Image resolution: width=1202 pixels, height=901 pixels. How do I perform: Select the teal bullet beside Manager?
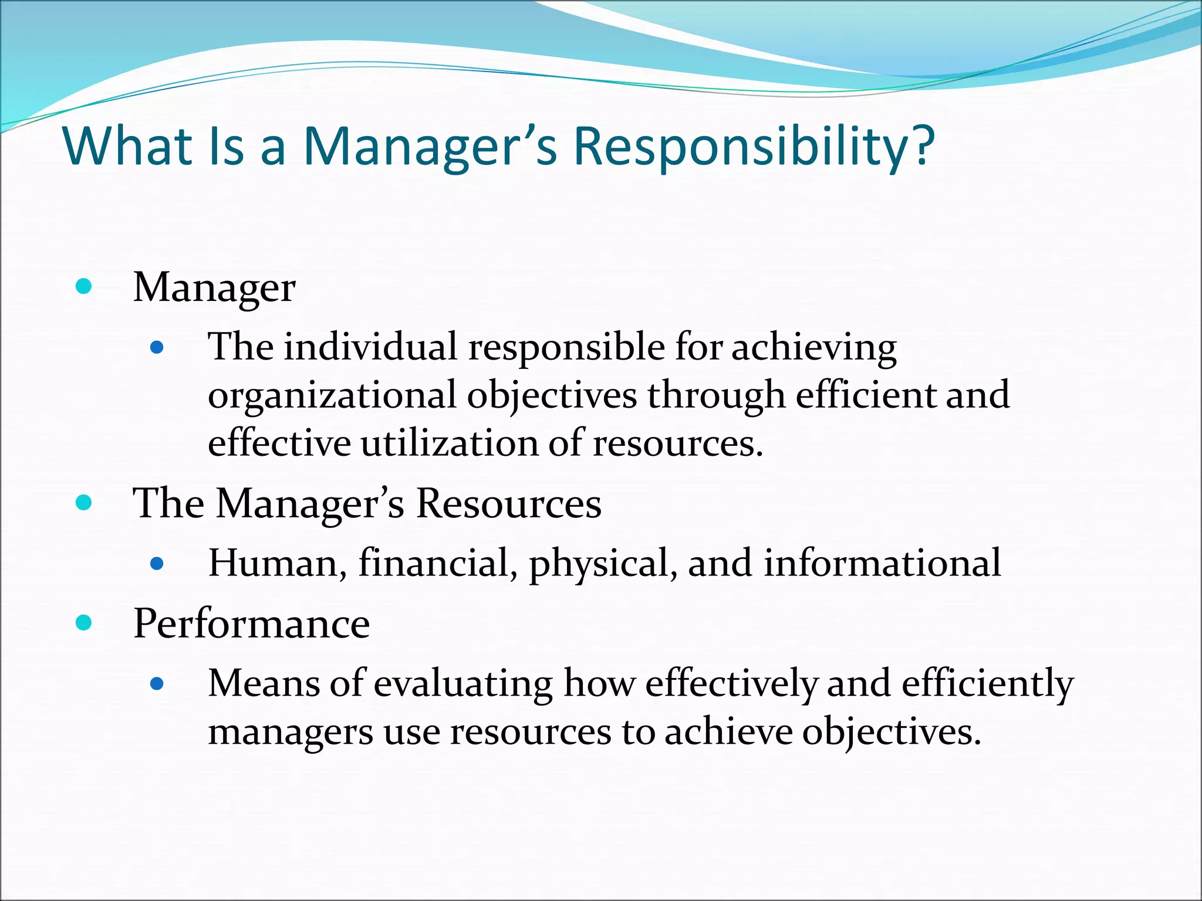[84, 287]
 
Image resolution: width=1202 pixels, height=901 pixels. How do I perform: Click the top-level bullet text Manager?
[214, 288]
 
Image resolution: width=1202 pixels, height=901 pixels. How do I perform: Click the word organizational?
[332, 396]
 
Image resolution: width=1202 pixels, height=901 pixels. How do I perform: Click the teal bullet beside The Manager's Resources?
[84, 503]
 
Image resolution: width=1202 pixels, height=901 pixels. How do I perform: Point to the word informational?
[882, 564]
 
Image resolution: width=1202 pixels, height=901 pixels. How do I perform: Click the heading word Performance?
[251, 624]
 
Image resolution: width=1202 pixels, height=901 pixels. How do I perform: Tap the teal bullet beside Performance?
[84, 622]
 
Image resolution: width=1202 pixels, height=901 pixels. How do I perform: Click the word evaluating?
[463, 685]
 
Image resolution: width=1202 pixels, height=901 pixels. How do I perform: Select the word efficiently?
[987, 685]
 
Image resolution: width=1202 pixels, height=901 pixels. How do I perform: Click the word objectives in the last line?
[891, 733]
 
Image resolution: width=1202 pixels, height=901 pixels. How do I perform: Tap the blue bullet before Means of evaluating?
[156, 683]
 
